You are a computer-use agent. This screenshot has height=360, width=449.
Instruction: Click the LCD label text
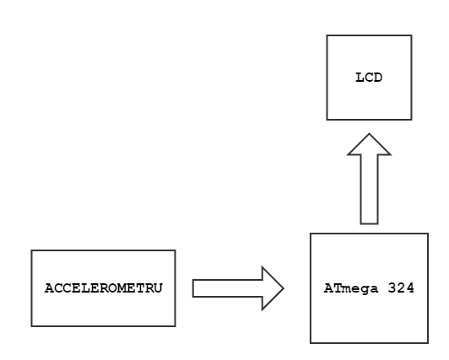369,78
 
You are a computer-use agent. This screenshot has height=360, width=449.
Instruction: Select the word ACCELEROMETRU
103,288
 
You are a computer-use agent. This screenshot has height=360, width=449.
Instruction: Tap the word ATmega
351,288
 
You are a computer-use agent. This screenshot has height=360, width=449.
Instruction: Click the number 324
401,288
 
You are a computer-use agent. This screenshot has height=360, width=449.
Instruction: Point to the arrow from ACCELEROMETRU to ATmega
238,288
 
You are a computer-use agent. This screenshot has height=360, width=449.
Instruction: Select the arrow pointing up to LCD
369,179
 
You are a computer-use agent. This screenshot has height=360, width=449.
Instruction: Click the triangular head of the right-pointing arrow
273,288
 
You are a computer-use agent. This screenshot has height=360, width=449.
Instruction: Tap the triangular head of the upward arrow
369,145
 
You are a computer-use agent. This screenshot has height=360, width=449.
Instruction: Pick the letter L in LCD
360,78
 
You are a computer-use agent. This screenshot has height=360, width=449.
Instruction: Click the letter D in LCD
378,78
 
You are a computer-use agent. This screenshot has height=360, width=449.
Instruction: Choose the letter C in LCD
369,78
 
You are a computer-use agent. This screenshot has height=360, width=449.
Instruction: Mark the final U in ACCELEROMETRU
158,288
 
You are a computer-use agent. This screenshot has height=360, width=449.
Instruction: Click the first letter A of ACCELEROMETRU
49,288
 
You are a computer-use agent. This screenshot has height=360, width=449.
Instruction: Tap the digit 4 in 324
410,288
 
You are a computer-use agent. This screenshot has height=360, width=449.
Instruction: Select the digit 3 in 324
392,288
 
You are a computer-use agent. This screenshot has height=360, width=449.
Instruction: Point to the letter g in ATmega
365,290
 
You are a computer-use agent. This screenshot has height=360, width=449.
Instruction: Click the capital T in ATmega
338,288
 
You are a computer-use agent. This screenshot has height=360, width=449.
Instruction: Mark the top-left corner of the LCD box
327,35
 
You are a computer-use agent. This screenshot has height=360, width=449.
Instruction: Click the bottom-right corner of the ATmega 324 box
428,343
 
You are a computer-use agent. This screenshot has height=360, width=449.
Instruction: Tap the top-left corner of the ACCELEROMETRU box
31,250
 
